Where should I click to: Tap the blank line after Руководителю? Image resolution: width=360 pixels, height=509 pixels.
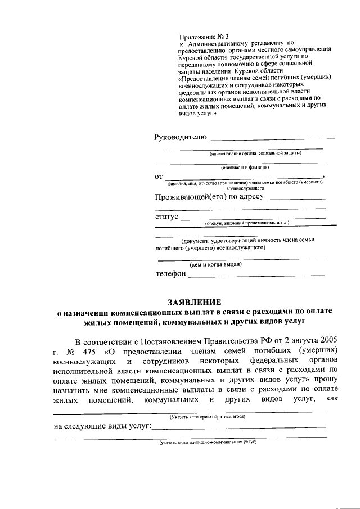(271, 138)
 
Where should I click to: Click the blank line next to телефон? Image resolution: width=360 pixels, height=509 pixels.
(256, 275)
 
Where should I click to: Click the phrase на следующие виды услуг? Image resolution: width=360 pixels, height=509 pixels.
(103, 427)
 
